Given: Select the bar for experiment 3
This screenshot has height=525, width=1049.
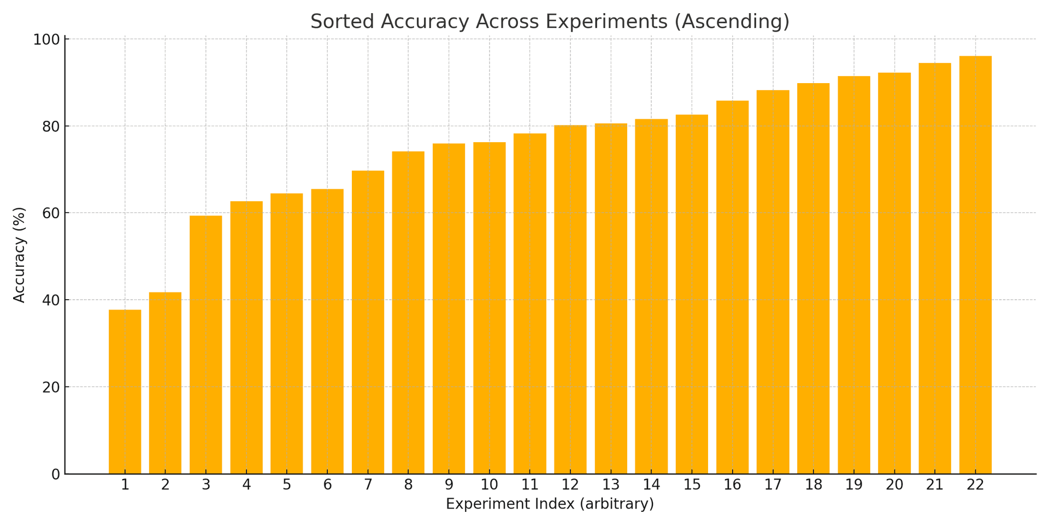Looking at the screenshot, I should [205, 345].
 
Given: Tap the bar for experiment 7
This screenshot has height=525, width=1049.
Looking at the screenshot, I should [368, 322].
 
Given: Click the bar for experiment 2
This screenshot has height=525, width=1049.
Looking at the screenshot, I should [165, 383].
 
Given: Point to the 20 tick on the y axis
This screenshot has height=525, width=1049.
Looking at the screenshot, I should [51, 387].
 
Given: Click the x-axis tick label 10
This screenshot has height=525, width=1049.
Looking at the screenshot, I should [489, 485].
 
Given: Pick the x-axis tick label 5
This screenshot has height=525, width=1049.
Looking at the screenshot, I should [286, 485].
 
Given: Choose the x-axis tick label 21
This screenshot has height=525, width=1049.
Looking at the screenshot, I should [934, 485].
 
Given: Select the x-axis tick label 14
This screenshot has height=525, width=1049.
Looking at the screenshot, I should [651, 485].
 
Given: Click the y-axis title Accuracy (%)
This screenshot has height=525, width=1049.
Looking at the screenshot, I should [20, 255].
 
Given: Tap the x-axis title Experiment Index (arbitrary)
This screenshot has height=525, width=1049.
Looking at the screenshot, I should [550, 504].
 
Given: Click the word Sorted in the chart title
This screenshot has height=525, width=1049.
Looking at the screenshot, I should [342, 22].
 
